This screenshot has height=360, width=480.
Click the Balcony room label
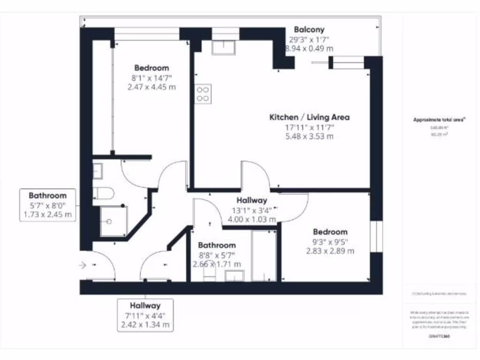pyautogui.click(x=309, y=30)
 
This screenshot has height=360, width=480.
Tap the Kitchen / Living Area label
pyautogui.click(x=309, y=117)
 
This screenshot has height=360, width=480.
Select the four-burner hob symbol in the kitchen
pyautogui.click(x=203, y=93)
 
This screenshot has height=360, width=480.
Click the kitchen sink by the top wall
pyautogui.click(x=225, y=47)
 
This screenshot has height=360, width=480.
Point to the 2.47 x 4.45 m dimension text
pyautogui.click(x=151, y=87)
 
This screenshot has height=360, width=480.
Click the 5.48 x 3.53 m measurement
pyautogui.click(x=309, y=136)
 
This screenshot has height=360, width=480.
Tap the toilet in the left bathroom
pyautogui.click(x=103, y=193)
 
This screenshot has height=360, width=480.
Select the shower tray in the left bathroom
pyautogui.click(x=113, y=221)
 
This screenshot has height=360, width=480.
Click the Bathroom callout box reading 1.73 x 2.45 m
pyautogui.click(x=48, y=205)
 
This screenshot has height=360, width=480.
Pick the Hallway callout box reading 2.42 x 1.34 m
pyautogui.click(x=145, y=315)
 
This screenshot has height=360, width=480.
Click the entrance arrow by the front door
pyautogui.click(x=83, y=266)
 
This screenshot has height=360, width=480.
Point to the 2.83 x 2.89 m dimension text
pyautogui.click(x=330, y=251)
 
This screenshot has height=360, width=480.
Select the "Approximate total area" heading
pyautogui.click(x=439, y=120)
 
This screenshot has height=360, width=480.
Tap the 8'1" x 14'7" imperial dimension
pyautogui.click(x=151, y=77)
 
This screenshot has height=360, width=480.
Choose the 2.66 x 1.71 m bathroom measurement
pyautogui.click(x=217, y=264)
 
